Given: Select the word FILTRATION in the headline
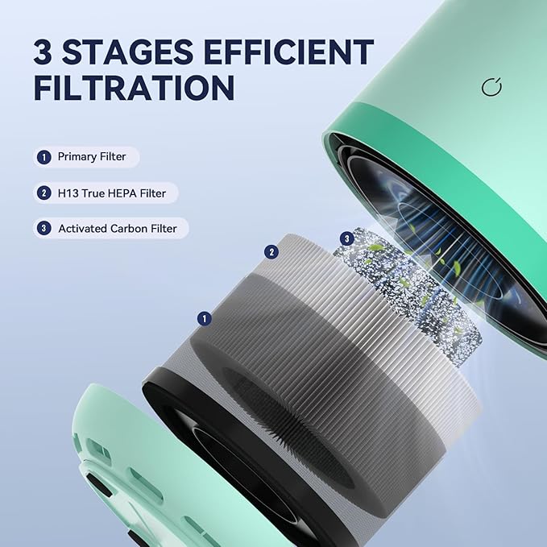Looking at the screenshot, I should click(x=134, y=87).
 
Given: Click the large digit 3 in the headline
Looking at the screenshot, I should click(x=45, y=52).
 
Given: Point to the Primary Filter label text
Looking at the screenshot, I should click(x=92, y=156).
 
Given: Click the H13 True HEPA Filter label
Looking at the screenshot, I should click(x=111, y=193).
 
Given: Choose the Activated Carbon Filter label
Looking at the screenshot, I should click(x=118, y=229).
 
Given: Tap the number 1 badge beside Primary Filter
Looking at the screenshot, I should click(x=44, y=156).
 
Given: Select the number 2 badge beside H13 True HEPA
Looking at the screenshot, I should click(x=44, y=193).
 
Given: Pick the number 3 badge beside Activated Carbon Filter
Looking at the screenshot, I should click(x=44, y=229).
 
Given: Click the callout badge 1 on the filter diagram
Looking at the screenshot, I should click(x=205, y=319).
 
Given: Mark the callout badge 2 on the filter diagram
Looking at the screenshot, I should click(x=271, y=252).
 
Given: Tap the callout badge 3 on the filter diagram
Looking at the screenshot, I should click(x=347, y=238).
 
